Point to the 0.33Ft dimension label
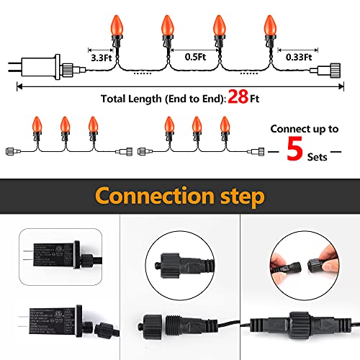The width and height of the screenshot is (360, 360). (x=297, y=55)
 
